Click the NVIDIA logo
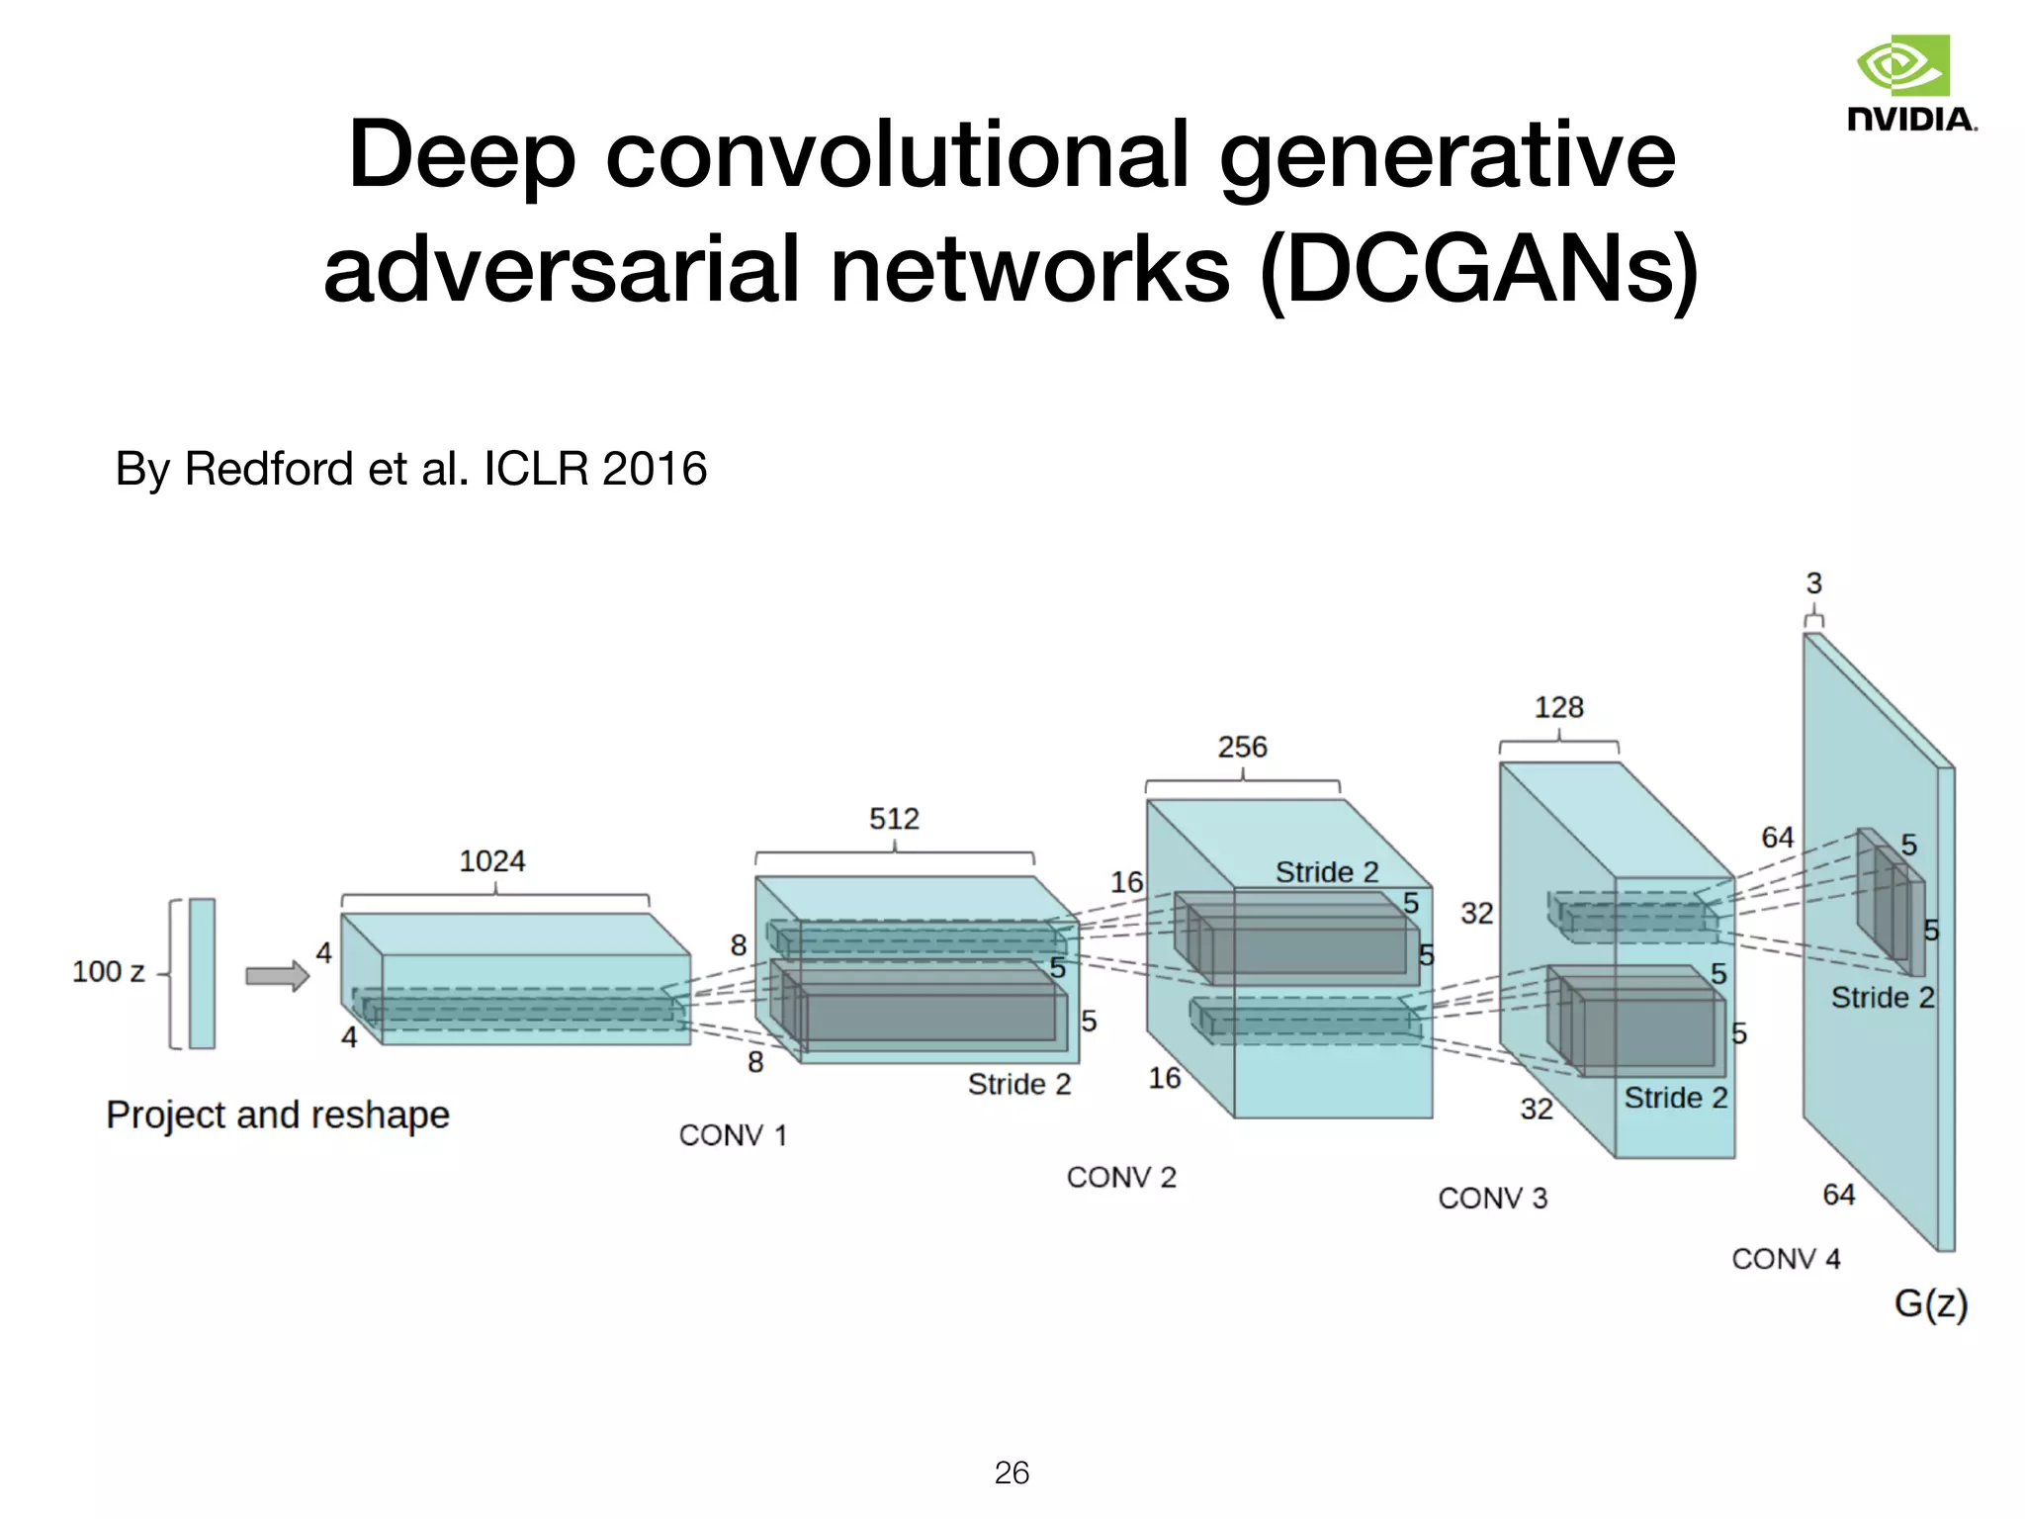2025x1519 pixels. (x=1910, y=83)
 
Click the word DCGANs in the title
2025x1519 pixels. (x=1479, y=269)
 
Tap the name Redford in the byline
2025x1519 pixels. (x=268, y=469)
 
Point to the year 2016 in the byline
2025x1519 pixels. (x=654, y=469)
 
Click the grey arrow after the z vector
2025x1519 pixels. (x=277, y=976)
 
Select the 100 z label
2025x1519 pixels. (x=108, y=972)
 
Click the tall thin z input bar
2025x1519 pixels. (x=202, y=973)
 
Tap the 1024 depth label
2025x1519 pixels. (x=492, y=861)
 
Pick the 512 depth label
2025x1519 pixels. (x=894, y=819)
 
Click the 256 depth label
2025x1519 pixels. (x=1242, y=747)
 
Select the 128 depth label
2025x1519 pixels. (x=1558, y=707)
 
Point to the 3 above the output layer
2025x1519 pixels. (x=1813, y=583)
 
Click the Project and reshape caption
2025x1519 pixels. (x=278, y=1115)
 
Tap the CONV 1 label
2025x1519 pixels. (x=733, y=1135)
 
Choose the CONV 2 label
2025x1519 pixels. (x=1121, y=1178)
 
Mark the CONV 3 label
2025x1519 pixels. (x=1492, y=1199)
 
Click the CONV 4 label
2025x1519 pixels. (x=1786, y=1259)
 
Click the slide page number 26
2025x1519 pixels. (x=1012, y=1473)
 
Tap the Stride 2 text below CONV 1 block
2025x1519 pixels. (x=1019, y=1085)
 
